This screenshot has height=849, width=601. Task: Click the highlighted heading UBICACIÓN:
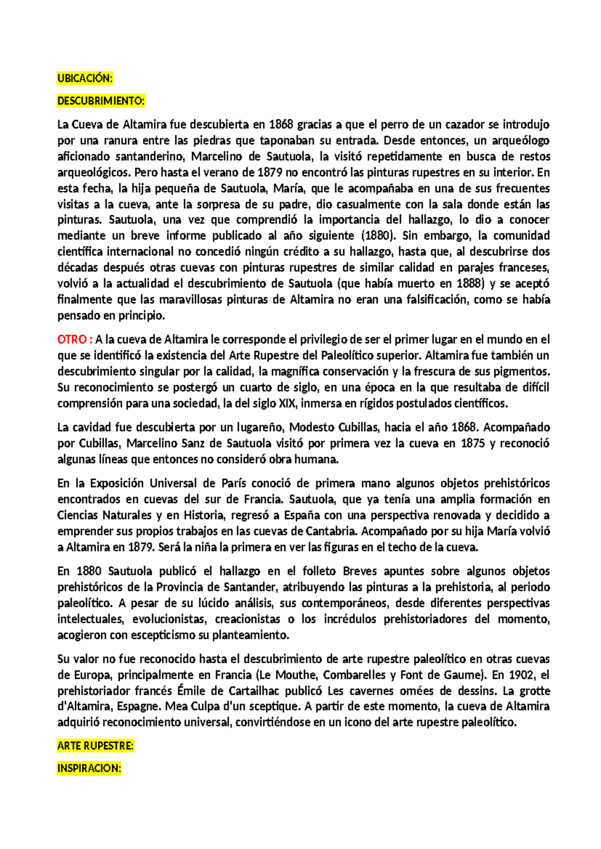pyautogui.click(x=85, y=78)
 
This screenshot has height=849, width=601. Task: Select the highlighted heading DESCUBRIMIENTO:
pyautogui.click(x=101, y=101)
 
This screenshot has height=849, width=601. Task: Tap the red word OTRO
pyautogui.click(x=72, y=339)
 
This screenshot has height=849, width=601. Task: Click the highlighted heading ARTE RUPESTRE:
pyautogui.click(x=95, y=746)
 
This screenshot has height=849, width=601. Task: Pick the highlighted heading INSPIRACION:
pyautogui.click(x=89, y=768)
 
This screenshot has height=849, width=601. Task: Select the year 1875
pyautogui.click(x=473, y=444)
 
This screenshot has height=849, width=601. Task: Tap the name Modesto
pyautogui.click(x=312, y=428)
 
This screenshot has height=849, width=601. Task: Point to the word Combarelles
pyautogui.click(x=354, y=675)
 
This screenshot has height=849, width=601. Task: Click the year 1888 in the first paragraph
pyautogui.click(x=470, y=284)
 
